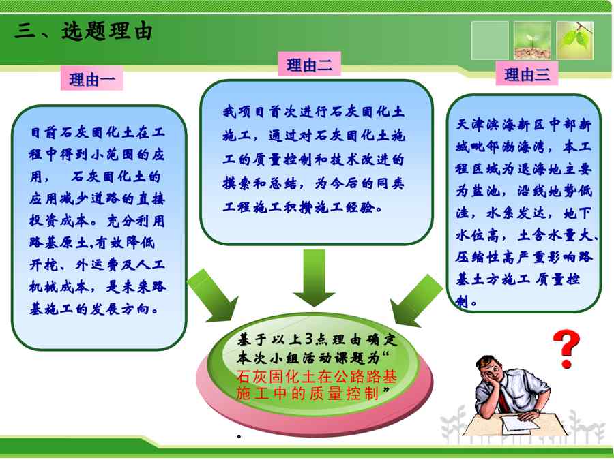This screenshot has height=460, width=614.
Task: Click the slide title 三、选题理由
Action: (83, 31)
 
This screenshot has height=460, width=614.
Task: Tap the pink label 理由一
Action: (91, 78)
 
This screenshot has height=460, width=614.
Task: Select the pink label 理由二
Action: (309, 64)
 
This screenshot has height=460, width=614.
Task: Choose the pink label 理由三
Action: (527, 74)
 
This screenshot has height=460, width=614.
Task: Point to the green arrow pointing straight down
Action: (314, 278)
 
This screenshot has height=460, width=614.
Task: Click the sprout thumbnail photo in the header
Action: (532, 40)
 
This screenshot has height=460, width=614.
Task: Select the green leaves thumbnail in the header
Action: (575, 40)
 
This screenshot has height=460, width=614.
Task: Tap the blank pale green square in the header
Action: (489, 40)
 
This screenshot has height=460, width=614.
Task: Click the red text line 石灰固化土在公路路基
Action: (317, 376)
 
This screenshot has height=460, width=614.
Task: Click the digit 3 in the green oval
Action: (309, 339)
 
